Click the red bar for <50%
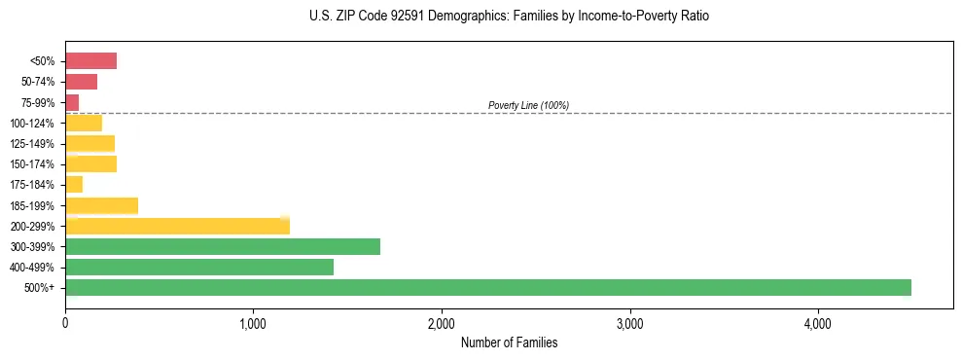pyautogui.click(x=90, y=61)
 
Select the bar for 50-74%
pyautogui.click(x=81, y=82)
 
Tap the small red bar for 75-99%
pyautogui.click(x=72, y=102)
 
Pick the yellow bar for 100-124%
pyautogui.click(x=84, y=123)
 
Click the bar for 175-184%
pyautogui.click(x=74, y=185)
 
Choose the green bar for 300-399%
pyautogui.click(x=223, y=247)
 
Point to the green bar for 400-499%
pyautogui.click(x=199, y=268)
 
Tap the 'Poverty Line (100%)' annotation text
pyautogui.click(x=528, y=105)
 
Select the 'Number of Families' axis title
pyautogui.click(x=509, y=342)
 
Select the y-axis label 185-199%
pyautogui.click(x=32, y=206)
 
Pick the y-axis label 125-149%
pyautogui.click(x=32, y=144)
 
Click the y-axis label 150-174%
pyautogui.click(x=32, y=164)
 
